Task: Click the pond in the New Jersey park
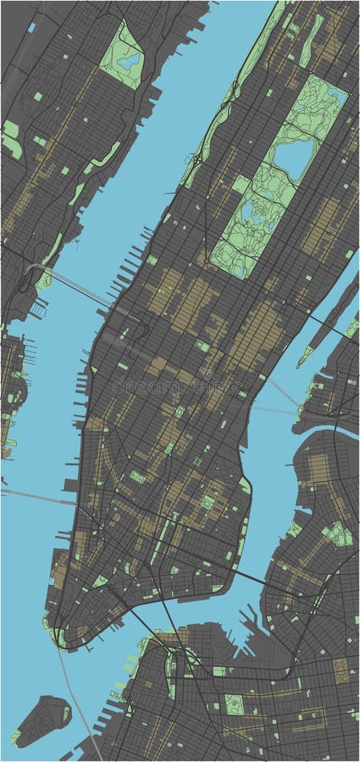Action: (x=130, y=60)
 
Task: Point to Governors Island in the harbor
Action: (x=42, y=720)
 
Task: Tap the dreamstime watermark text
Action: (x=178, y=386)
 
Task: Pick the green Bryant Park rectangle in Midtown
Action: (x=203, y=345)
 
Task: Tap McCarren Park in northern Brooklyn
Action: (x=339, y=533)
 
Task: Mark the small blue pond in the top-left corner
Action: (x=31, y=27)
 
